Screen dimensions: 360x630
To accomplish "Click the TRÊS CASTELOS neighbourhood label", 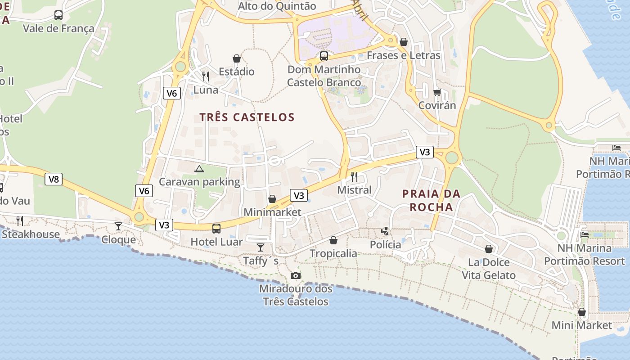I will pyautogui.click(x=247, y=117).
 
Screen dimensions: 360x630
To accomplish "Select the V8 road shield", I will pyautogui.click(x=54, y=180).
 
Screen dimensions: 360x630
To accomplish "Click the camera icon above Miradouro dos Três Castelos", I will pyautogui.click(x=295, y=275).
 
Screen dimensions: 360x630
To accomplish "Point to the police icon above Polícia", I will pyautogui.click(x=385, y=231).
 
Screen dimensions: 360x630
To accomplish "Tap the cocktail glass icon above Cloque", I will pyautogui.click(x=118, y=226).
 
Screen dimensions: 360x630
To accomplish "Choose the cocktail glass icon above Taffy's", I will pyautogui.click(x=261, y=247).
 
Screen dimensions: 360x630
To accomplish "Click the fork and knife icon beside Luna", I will pyautogui.click(x=206, y=76).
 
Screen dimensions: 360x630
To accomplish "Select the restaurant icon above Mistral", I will pyautogui.click(x=354, y=176).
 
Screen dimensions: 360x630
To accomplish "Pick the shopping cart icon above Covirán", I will pyautogui.click(x=437, y=92).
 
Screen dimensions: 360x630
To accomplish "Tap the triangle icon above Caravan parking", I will pyautogui.click(x=199, y=169).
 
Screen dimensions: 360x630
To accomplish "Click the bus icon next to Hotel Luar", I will pyautogui.click(x=216, y=228).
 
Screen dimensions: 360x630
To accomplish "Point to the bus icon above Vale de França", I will pyautogui.click(x=58, y=15).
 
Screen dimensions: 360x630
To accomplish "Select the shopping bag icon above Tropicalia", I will pyautogui.click(x=333, y=240).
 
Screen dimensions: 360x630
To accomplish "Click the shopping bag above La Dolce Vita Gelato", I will pyautogui.click(x=489, y=249).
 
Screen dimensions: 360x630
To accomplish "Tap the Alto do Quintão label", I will pyautogui.click(x=277, y=6).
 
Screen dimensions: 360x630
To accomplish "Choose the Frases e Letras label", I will pyautogui.click(x=403, y=55).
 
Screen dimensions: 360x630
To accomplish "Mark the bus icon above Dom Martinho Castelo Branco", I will pyautogui.click(x=324, y=56).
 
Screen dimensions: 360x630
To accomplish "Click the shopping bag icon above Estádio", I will pyautogui.click(x=237, y=58).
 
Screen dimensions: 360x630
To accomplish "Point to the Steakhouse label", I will pyautogui.click(x=31, y=234).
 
